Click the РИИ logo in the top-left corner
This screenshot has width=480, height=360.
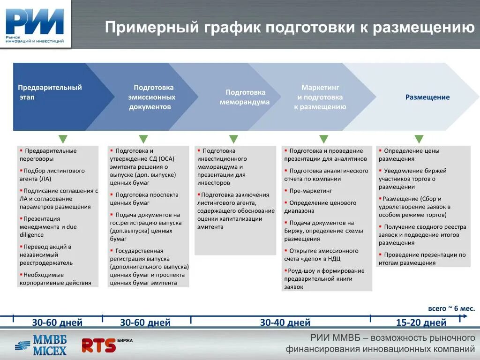click(35, 24)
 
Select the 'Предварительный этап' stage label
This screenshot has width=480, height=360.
click(50, 92)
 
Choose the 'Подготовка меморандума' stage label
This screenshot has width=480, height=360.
click(245, 97)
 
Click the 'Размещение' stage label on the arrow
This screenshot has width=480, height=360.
click(427, 97)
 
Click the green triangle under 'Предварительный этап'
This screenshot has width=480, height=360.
click(63, 139)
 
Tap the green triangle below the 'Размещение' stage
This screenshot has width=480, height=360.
click(419, 139)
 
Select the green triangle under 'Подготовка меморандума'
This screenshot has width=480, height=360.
click(233, 139)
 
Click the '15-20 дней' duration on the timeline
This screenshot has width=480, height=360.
click(421, 322)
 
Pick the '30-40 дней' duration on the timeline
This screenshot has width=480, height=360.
click(285, 322)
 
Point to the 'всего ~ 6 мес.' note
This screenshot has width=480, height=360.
click(451, 308)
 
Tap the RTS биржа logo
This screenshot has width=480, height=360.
click(106, 345)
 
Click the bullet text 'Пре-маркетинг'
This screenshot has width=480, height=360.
click(310, 191)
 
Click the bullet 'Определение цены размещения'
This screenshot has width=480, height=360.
click(409, 155)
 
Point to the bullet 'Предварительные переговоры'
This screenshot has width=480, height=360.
click(50, 155)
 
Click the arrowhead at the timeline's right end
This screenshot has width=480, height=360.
click(465, 316)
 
